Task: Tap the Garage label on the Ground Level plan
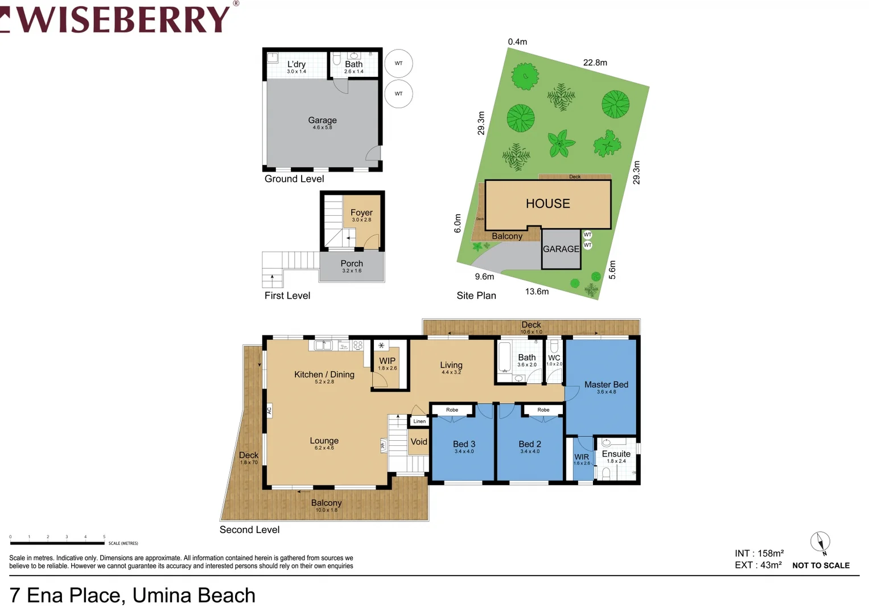pyautogui.click(x=322, y=121)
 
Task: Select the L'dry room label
pyautogui.click(x=296, y=65)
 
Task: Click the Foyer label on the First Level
pyautogui.click(x=361, y=213)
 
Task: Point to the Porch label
pyautogui.click(x=352, y=264)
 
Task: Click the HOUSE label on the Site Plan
pyautogui.click(x=547, y=204)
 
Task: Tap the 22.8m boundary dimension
pyautogui.click(x=595, y=63)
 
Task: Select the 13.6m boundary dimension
pyautogui.click(x=537, y=292)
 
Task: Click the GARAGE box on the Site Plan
pyautogui.click(x=561, y=249)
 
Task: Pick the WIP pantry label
pyautogui.click(x=387, y=361)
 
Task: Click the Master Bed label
pyautogui.click(x=606, y=385)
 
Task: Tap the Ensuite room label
pyautogui.click(x=616, y=454)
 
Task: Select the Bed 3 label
pyautogui.click(x=464, y=444)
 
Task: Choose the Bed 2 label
pyautogui.click(x=530, y=444)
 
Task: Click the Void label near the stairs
pyautogui.click(x=419, y=442)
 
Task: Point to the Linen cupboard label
pyautogui.click(x=419, y=421)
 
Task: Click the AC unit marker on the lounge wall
pyautogui.click(x=269, y=410)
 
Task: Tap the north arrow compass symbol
pyautogui.click(x=820, y=542)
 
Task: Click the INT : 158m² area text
pyautogui.click(x=759, y=553)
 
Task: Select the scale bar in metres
pyautogui.click(x=57, y=543)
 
